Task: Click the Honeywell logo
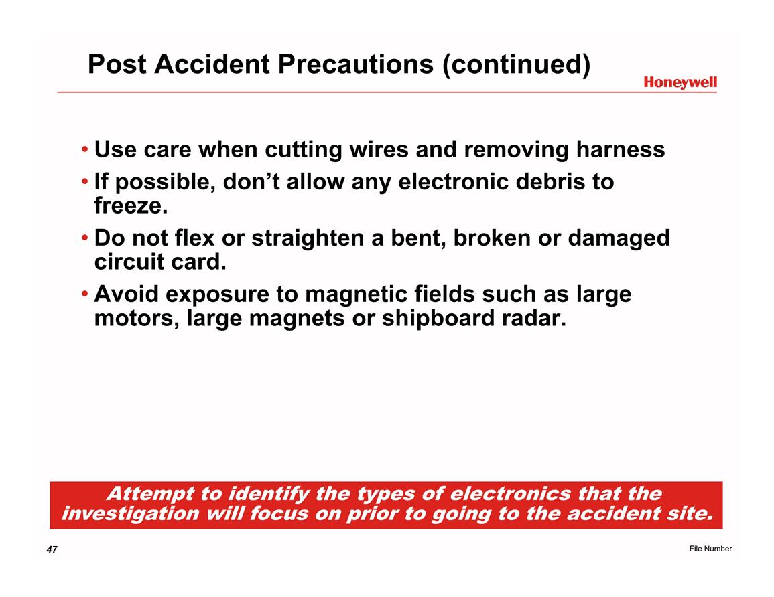coord(680,82)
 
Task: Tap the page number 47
coord(52,549)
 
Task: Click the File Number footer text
coord(710,549)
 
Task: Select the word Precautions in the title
coord(355,64)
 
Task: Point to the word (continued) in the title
coord(516,64)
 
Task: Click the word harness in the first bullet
coord(621,149)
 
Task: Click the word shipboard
coord(438,319)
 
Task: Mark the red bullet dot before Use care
coord(85,149)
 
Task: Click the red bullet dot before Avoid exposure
coord(85,294)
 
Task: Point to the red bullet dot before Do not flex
coord(85,238)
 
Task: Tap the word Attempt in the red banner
coord(151,494)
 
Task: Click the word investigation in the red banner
coord(131,514)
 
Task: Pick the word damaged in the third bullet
coord(619,238)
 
